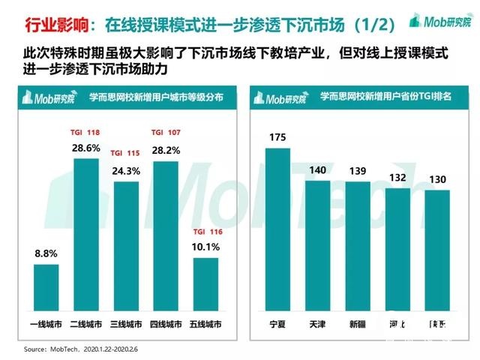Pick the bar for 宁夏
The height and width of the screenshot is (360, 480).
(x=277, y=229)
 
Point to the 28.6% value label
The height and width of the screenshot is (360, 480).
(x=87, y=148)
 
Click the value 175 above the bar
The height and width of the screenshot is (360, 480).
(x=277, y=137)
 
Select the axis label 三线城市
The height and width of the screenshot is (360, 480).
(x=126, y=325)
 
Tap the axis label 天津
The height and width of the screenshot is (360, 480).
(x=317, y=325)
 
